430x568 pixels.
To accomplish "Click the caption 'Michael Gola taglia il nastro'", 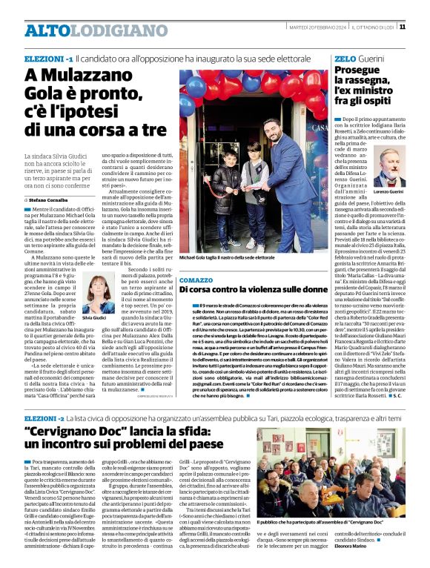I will pyautogui.click(x=226, y=257).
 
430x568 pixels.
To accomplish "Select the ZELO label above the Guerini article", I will pyautogui.click(x=345, y=57).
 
